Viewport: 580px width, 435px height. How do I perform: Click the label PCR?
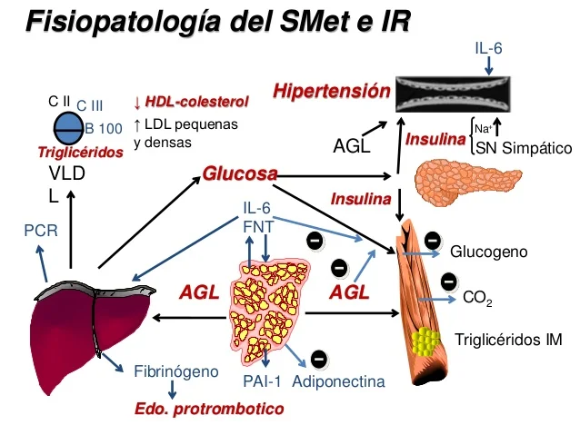pos(40,232)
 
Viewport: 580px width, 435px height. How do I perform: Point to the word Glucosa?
pos(239,173)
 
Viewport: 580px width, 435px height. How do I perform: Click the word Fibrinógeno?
pos(176,371)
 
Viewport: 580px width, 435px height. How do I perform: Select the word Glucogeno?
pos(489,250)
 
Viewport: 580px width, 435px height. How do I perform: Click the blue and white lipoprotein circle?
pos(70,124)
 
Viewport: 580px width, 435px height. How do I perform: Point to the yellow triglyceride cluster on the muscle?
pos(425,342)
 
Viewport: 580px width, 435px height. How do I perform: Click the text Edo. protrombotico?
pos(209,409)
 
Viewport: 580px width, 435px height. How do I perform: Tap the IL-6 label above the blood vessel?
pos(489,47)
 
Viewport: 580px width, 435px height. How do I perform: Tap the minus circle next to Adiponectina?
pos(320,359)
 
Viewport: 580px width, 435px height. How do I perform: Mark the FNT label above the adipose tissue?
pos(257,226)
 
